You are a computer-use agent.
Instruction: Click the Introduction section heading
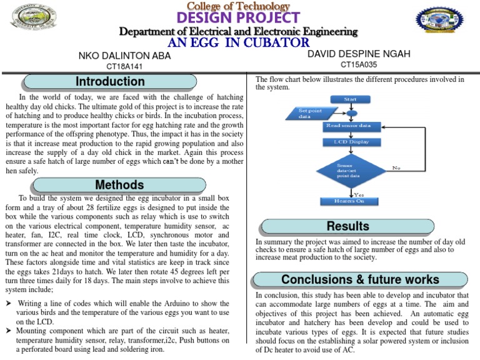pyautogui.click(x=110, y=82)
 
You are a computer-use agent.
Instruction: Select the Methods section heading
pyautogui.click(x=119, y=185)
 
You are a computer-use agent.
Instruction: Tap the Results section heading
pyautogui.click(x=347, y=226)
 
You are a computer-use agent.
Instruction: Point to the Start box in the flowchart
pyautogui.click(x=351, y=99)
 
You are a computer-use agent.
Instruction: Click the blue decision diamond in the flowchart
pyautogui.click(x=351, y=169)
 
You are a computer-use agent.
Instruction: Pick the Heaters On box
pyautogui.click(x=351, y=201)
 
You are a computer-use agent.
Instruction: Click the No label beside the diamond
pyautogui.click(x=396, y=167)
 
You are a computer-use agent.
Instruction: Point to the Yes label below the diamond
pyautogui.click(x=359, y=194)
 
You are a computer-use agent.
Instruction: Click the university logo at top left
pyautogui.click(x=33, y=18)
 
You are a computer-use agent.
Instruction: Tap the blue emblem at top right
pyautogui.click(x=439, y=24)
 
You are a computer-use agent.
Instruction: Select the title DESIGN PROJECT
pyautogui.click(x=239, y=18)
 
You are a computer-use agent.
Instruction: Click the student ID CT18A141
pyautogui.click(x=124, y=66)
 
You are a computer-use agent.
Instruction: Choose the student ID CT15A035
pyautogui.click(x=359, y=64)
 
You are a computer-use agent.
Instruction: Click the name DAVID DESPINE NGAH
pyautogui.click(x=359, y=54)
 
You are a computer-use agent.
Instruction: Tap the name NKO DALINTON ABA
pyautogui.click(x=124, y=56)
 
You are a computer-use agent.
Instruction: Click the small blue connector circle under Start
pyautogui.click(x=351, y=113)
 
